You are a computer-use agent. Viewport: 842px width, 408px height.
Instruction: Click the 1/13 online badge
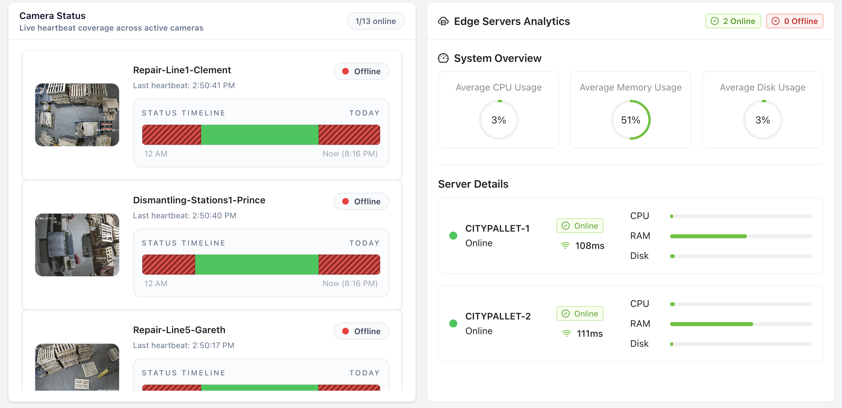[x=375, y=21]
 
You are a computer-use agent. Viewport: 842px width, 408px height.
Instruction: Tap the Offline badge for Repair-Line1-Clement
[x=361, y=71]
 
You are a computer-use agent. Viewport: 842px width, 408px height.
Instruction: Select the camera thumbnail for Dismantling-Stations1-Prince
[x=77, y=245]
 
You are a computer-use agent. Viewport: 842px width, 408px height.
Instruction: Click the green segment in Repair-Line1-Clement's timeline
[x=260, y=135]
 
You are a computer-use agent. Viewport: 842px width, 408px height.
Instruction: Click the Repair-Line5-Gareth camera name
[x=179, y=330]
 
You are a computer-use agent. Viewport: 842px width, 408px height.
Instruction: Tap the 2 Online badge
[x=733, y=21]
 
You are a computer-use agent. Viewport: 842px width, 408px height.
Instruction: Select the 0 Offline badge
[x=794, y=21]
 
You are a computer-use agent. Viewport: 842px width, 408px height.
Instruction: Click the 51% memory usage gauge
[x=631, y=120]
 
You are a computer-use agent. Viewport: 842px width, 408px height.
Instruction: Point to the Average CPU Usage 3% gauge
[x=498, y=120]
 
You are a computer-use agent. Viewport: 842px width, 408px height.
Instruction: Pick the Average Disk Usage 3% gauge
[x=763, y=120]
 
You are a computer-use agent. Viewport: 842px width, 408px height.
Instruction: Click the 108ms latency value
[x=590, y=246]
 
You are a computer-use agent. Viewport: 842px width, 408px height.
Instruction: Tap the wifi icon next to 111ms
[x=566, y=333]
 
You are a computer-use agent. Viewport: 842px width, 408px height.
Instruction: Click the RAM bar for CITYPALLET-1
[x=741, y=236]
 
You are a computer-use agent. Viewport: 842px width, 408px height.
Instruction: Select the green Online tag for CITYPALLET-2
[x=580, y=313]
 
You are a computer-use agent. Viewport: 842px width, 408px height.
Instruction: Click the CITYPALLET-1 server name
[x=497, y=228]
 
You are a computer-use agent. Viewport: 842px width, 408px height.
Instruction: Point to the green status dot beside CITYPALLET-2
[x=453, y=323]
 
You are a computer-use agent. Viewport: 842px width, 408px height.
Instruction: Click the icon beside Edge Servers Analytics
[x=443, y=21]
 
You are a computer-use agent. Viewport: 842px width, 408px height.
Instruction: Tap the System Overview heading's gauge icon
[x=443, y=58]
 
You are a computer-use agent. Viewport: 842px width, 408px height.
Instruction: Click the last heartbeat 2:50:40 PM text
[x=185, y=216]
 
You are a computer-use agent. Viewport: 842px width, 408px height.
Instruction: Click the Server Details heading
[x=473, y=184]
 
